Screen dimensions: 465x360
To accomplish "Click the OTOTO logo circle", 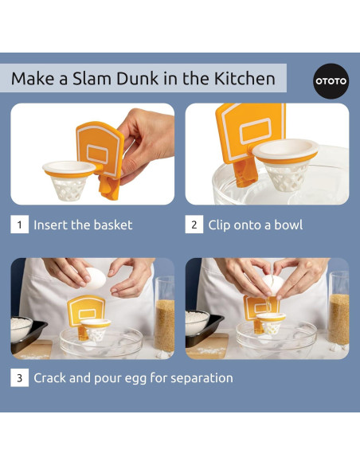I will [x=331, y=81].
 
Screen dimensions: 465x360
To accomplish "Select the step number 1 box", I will [x=19, y=225].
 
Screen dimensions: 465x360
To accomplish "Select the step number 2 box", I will [x=194, y=225].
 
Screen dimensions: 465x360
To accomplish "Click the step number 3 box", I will [x=19, y=377].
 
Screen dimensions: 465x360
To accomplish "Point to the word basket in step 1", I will [x=110, y=225].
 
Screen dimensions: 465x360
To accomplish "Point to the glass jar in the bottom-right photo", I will [x=338, y=315].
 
